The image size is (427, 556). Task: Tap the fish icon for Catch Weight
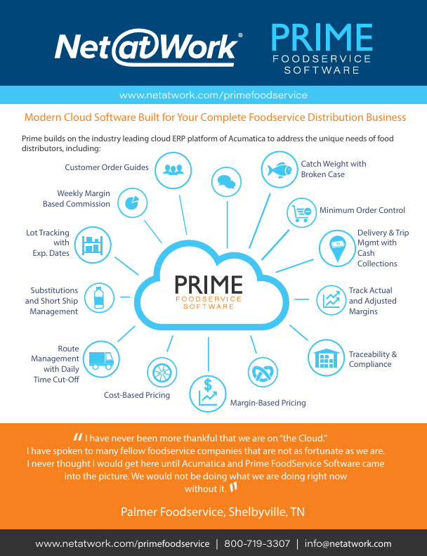(280, 170)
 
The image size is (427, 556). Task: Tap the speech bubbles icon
(226, 182)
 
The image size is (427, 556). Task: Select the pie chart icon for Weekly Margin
(131, 202)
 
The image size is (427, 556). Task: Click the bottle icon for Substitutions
(99, 297)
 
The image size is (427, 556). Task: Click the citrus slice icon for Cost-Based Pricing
(156, 370)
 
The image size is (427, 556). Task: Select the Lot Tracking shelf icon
(92, 244)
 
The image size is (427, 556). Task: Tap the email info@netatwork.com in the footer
(348, 543)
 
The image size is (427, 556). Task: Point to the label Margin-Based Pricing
(268, 403)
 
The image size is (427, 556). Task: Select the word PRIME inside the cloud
(209, 285)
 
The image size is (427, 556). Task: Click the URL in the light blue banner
(213, 95)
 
